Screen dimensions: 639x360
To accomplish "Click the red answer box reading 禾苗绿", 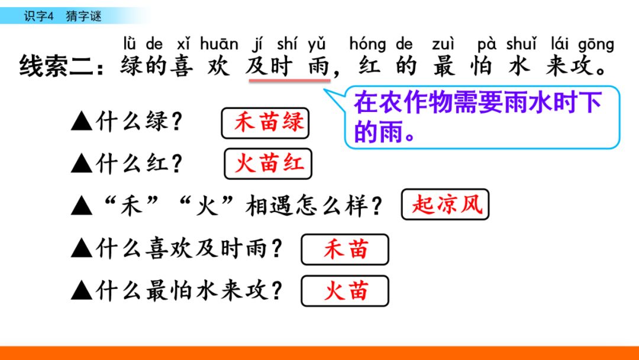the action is click(x=265, y=123).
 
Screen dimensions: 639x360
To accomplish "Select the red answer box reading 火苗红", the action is click(x=268, y=164).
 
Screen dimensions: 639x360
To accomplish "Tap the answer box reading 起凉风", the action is click(x=445, y=204).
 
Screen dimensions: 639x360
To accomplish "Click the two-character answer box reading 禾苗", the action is click(x=345, y=249).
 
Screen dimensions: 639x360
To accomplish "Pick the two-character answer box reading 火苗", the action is click(x=345, y=291).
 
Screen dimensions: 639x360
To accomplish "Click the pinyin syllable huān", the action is click(x=219, y=44).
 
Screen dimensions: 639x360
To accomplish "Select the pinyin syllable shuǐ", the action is click(x=521, y=44).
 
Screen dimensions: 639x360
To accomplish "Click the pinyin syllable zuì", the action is click(x=443, y=44).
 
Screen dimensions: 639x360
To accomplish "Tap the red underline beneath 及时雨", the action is click(x=290, y=81).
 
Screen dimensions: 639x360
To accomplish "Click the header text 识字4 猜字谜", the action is click(x=62, y=17).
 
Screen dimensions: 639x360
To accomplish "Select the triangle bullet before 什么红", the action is click(x=82, y=163).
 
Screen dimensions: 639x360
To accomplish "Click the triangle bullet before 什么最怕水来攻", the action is click(x=82, y=291).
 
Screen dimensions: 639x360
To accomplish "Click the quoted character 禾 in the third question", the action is click(x=131, y=205).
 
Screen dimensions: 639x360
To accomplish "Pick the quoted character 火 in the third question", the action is click(x=206, y=205).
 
